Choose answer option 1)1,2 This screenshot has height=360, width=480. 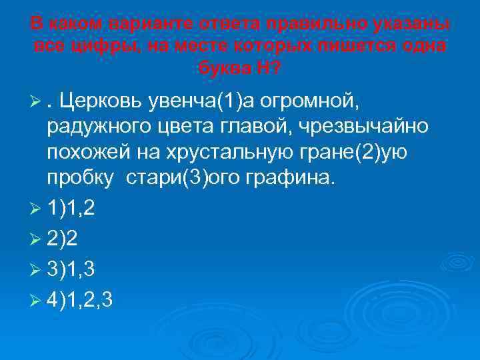pos(71,209)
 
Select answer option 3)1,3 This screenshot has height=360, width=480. pos(71,269)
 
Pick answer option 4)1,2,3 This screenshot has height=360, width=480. pos(81,299)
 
